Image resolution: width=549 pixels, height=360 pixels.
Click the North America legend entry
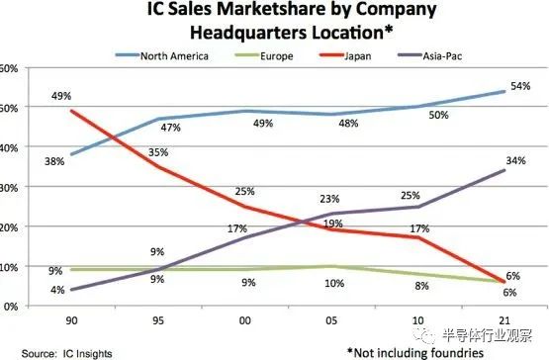click(171, 55)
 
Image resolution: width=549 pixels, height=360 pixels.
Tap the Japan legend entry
click(357, 55)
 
